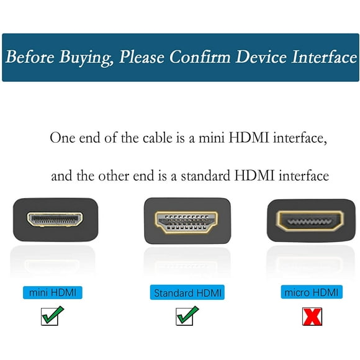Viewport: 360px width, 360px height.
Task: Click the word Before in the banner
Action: point(30,58)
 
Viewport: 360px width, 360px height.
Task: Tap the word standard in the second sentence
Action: point(204,176)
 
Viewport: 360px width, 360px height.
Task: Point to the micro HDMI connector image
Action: point(311,220)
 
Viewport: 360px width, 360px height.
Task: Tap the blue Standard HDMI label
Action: point(187,292)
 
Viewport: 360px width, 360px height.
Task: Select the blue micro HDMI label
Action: point(312,292)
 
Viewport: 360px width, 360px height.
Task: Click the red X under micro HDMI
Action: point(312,317)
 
